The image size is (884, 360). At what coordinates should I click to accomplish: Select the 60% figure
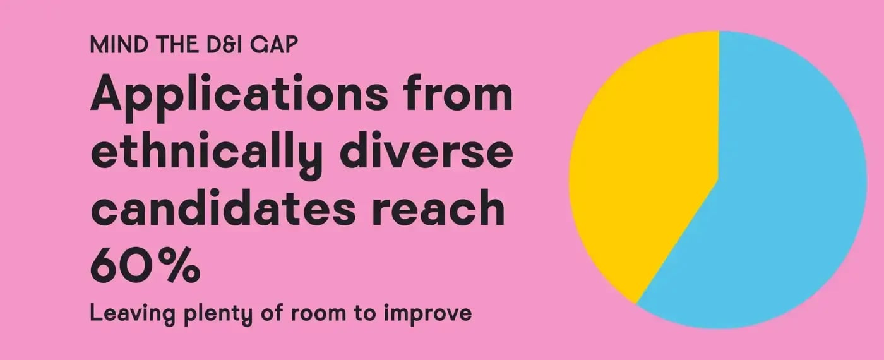(x=146, y=264)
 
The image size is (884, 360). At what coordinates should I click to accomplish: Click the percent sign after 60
(x=182, y=264)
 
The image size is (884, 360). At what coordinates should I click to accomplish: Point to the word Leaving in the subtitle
(x=132, y=315)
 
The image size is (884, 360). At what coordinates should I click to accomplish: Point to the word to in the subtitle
(x=364, y=314)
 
